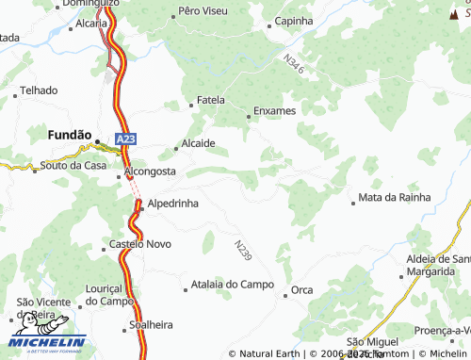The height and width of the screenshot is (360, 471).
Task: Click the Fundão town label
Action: click(69, 136)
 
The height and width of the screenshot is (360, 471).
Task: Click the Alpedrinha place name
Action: click(172, 203)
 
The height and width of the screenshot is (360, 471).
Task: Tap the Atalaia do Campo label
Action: click(232, 284)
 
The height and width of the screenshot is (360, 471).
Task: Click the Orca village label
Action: click(302, 289)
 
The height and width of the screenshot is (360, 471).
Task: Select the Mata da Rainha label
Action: click(395, 198)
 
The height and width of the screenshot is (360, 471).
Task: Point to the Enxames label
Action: click(275, 111)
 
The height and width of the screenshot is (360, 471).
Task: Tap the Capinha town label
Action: click(293, 21)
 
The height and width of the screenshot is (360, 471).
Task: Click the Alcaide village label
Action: click(200, 143)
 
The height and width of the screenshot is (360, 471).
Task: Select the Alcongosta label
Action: click(151, 172)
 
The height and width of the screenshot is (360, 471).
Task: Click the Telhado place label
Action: click(39, 90)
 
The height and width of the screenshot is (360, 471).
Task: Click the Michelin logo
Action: click(47, 342)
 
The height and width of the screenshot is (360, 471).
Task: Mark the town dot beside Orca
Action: click(284, 295)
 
